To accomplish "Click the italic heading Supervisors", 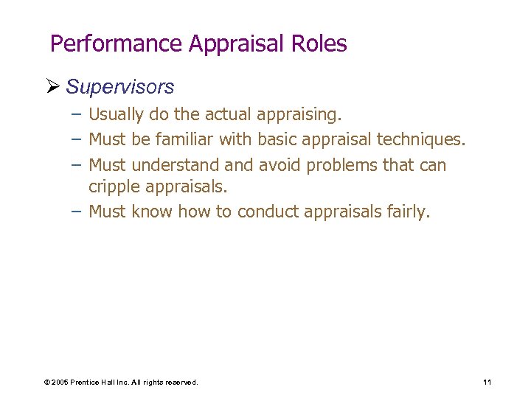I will click(119, 87).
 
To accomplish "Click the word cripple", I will click(112, 186).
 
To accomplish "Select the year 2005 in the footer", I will click(60, 383).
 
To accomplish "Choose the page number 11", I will click(487, 382).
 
